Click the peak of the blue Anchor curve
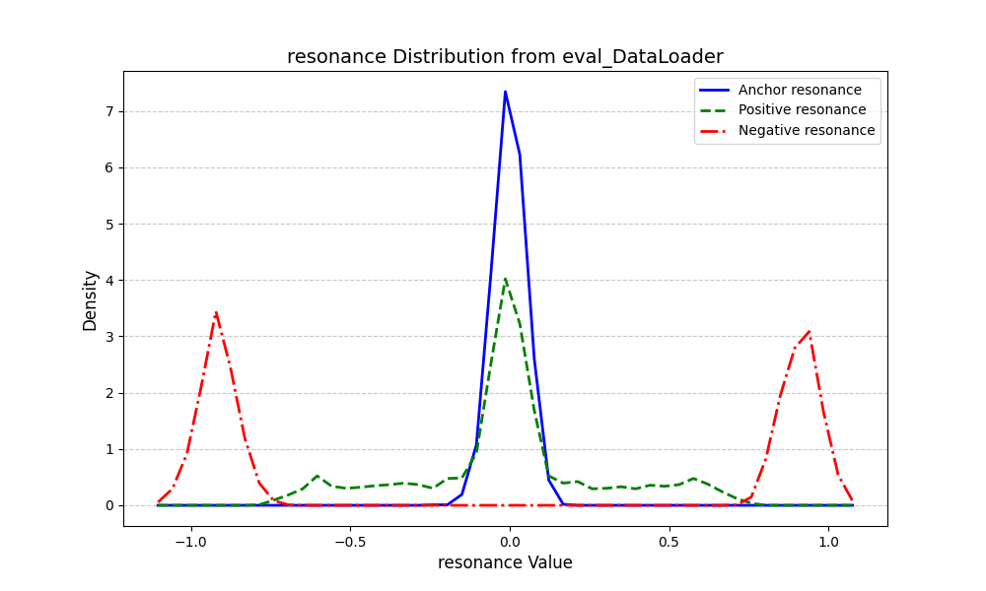point(505,92)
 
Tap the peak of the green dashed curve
point(505,279)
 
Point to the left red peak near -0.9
point(216,313)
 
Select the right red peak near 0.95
point(810,332)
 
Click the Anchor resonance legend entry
point(800,90)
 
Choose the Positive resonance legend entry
point(802,110)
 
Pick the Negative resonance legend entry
point(807,130)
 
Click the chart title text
point(505,57)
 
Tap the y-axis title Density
point(90,299)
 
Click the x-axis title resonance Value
point(505,563)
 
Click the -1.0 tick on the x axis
point(190,541)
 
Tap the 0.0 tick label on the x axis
point(509,541)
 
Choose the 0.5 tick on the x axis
point(669,541)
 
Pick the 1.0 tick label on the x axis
point(828,541)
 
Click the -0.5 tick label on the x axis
point(349,541)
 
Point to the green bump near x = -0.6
point(317,476)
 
